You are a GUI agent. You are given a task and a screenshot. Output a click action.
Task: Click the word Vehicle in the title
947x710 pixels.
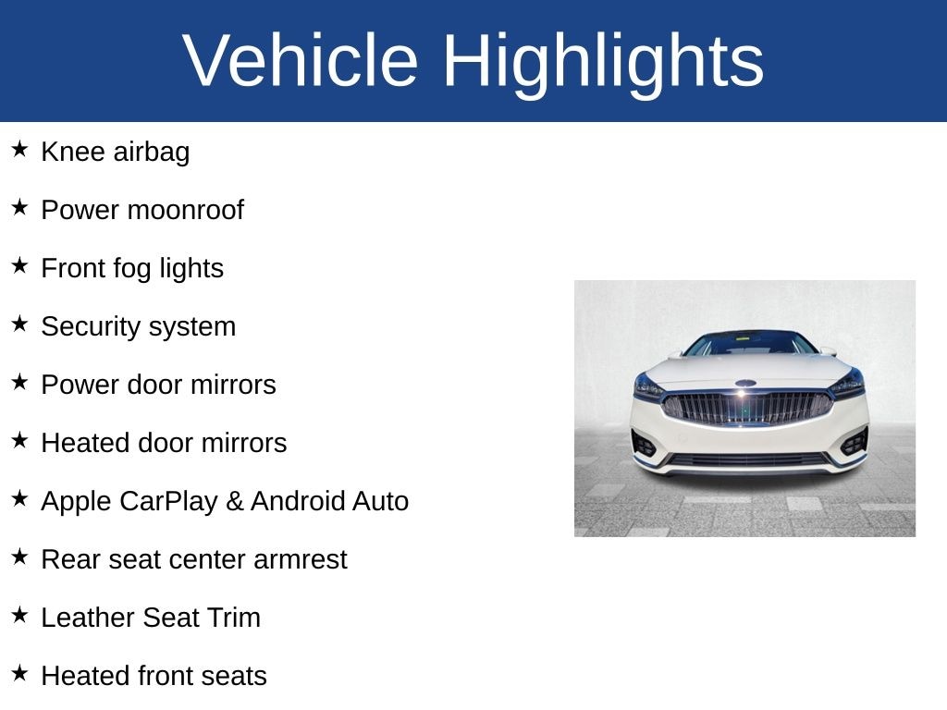(301, 61)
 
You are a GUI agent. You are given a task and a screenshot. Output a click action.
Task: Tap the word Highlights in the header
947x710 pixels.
(603, 61)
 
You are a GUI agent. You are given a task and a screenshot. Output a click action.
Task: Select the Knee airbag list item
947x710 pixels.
(115, 152)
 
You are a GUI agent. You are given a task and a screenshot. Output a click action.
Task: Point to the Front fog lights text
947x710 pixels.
(132, 268)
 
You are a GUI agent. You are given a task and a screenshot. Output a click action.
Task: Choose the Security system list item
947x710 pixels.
(138, 326)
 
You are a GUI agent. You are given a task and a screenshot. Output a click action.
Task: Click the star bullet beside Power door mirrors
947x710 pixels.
(20, 382)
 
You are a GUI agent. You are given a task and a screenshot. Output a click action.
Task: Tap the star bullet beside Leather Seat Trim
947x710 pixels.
(20, 615)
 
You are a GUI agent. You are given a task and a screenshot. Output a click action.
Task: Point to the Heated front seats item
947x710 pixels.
(154, 676)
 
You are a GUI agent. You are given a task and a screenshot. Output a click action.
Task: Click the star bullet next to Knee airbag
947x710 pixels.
(20, 149)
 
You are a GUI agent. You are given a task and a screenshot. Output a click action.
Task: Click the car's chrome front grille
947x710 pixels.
(747, 407)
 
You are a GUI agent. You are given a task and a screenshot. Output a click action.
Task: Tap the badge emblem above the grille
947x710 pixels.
(745, 383)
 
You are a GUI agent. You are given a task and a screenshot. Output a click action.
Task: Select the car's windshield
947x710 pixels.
(750, 344)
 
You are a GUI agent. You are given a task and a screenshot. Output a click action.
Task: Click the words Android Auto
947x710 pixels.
(329, 501)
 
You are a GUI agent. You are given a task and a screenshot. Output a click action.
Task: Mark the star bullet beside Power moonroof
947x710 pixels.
(20, 207)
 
